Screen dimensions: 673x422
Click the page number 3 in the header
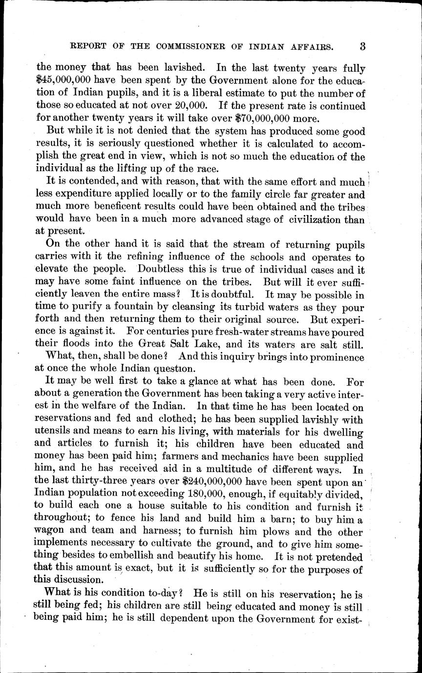[x=362, y=47]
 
